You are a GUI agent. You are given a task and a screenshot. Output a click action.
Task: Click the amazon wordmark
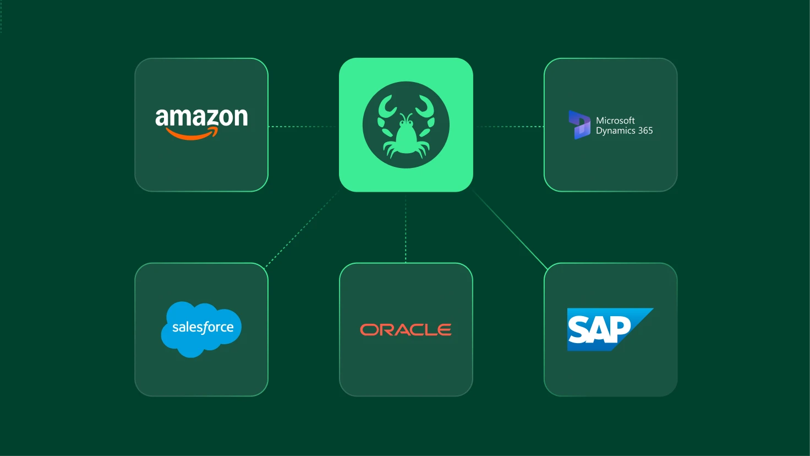201,117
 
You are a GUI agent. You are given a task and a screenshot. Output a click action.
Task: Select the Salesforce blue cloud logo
201,329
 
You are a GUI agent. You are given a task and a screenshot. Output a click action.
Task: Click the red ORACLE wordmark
406,330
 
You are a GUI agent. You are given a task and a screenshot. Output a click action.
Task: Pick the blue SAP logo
610,329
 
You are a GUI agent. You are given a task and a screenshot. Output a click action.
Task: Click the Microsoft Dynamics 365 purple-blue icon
579,125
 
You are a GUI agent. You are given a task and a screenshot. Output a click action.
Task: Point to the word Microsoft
615,120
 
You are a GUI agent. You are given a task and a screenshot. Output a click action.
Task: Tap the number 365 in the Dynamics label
645,131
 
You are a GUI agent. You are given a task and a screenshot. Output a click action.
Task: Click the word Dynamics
615,131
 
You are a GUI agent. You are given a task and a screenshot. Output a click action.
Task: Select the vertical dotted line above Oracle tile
406,228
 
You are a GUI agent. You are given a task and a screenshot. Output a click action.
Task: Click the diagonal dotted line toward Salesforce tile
303,229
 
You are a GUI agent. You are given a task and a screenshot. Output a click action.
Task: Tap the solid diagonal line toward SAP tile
510,230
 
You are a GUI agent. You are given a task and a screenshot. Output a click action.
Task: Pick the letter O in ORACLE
368,330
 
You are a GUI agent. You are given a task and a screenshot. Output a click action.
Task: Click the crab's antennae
406,118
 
